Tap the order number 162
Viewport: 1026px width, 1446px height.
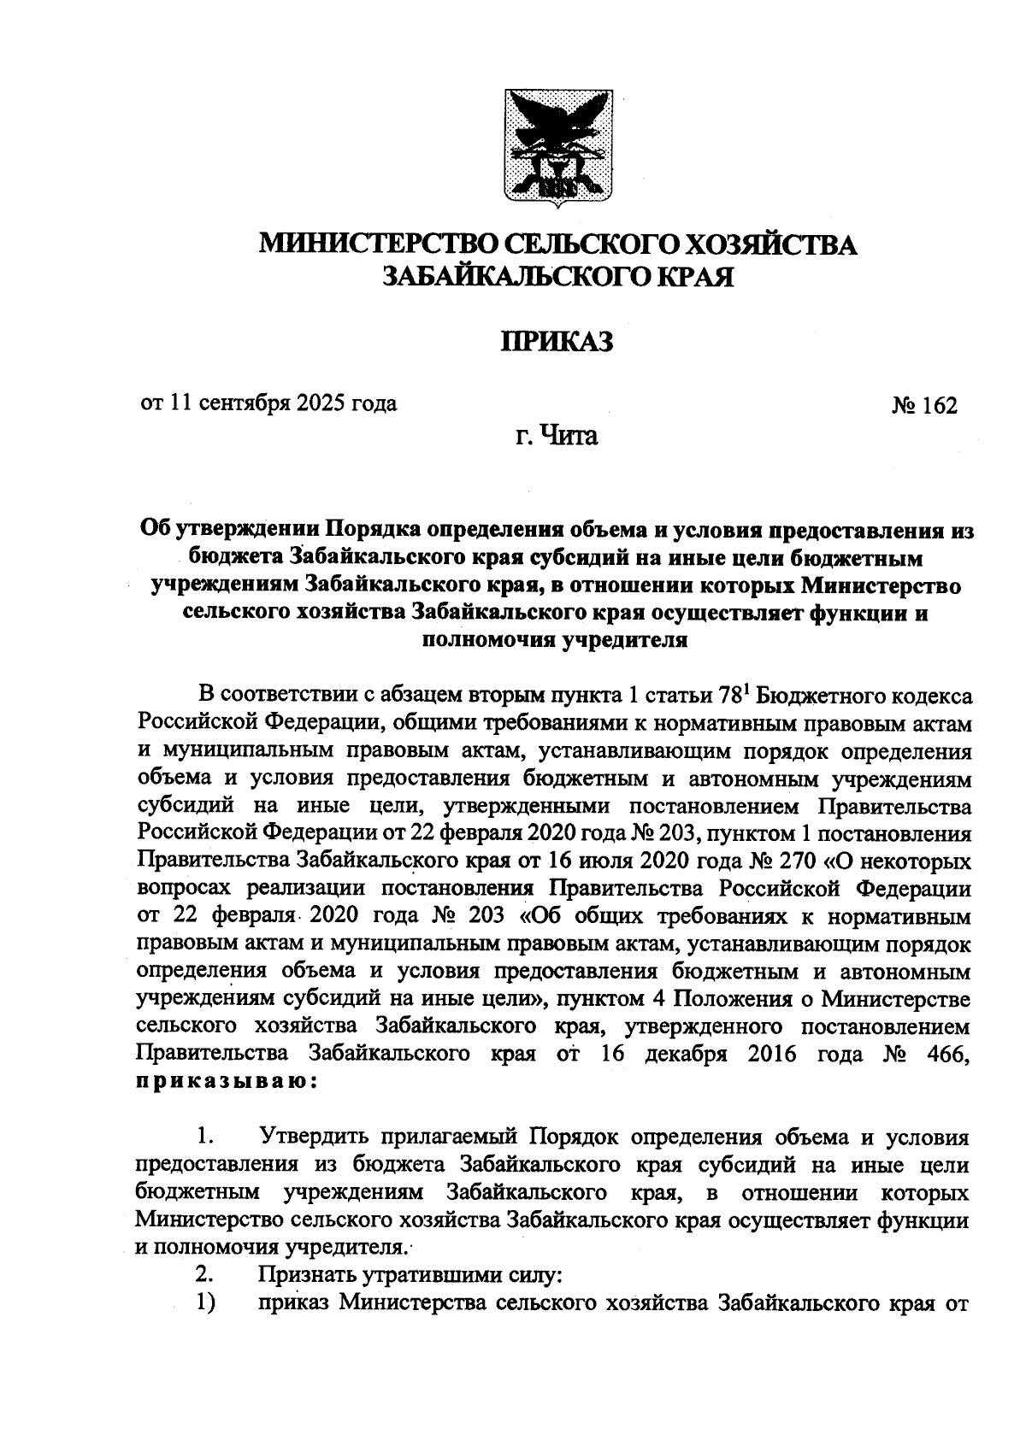pos(939,405)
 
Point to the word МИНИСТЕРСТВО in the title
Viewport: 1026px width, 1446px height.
pos(375,244)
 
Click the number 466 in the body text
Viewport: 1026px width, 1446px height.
pos(946,1054)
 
